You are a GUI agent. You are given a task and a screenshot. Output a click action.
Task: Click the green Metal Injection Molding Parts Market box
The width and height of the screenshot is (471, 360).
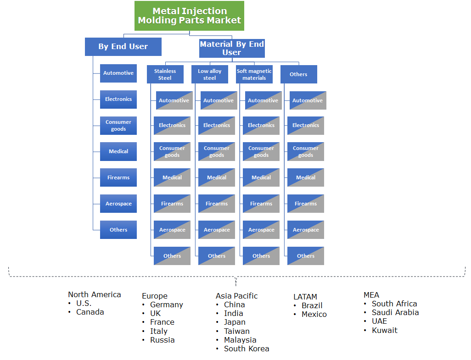click(189, 16)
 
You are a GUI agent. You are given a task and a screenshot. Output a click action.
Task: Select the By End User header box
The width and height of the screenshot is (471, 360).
click(123, 47)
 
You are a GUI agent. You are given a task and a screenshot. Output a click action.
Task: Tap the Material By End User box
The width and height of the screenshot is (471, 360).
click(232, 48)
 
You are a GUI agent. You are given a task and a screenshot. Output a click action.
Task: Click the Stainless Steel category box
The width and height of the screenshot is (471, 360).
click(165, 74)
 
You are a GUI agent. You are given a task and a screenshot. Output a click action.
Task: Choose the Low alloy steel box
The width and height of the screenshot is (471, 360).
click(209, 74)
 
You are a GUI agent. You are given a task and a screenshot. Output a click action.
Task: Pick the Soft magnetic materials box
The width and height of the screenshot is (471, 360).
click(254, 74)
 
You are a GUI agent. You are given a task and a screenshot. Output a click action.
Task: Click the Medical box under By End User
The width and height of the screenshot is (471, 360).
click(118, 151)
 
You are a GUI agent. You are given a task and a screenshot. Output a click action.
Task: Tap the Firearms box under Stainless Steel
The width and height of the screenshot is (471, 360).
click(172, 204)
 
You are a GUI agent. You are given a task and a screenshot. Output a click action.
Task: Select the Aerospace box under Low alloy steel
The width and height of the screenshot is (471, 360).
click(217, 230)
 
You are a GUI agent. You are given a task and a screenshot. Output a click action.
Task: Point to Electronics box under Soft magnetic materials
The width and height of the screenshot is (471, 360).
click(261, 125)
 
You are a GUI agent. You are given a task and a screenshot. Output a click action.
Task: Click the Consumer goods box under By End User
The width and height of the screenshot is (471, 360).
click(118, 126)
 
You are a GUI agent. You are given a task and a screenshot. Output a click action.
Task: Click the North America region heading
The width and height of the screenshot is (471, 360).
click(95, 294)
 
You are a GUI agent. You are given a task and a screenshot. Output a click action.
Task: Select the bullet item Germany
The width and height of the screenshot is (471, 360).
click(166, 305)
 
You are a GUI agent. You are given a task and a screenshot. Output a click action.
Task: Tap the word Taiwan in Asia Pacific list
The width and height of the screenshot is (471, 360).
click(237, 331)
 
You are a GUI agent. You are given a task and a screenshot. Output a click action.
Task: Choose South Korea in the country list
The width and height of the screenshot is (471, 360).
click(247, 349)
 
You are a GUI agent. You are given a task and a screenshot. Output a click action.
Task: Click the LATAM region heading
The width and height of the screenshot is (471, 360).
click(305, 297)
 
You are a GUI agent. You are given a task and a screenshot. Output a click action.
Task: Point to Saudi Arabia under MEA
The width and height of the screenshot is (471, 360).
click(395, 312)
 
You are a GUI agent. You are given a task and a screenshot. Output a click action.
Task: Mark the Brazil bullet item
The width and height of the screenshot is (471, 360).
click(312, 305)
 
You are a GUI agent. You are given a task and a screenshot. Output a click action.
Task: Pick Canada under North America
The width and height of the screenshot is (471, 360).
click(90, 312)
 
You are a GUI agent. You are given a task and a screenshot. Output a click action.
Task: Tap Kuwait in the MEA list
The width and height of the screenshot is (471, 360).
click(385, 330)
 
